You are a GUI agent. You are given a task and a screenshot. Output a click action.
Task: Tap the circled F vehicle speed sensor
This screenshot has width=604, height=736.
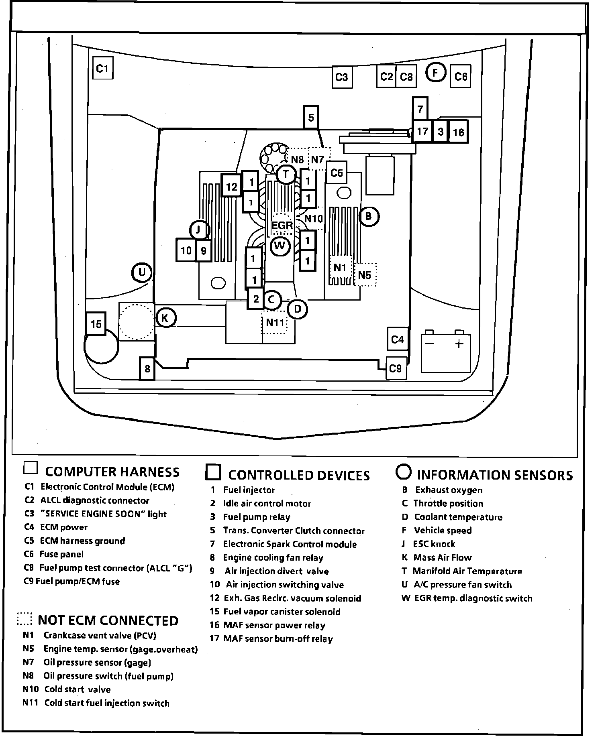point(435,73)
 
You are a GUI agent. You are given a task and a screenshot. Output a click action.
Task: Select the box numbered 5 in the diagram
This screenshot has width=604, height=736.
point(311,117)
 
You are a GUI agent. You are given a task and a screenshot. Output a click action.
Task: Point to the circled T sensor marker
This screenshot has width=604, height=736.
point(286,174)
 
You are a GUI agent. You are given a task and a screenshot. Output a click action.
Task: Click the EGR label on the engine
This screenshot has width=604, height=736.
point(282,225)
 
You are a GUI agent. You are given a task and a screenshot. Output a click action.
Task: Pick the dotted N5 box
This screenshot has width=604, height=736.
point(365,275)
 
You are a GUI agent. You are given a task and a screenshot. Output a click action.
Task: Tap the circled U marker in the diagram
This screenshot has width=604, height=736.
point(142,273)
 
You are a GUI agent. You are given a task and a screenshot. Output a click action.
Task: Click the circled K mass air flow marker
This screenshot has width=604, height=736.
point(165,318)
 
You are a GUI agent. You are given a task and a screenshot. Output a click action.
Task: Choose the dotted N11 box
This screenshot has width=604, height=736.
point(275,323)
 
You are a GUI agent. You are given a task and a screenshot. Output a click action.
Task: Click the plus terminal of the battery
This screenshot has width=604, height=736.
point(459,344)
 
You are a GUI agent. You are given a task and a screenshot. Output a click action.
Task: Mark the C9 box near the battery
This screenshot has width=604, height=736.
point(396,368)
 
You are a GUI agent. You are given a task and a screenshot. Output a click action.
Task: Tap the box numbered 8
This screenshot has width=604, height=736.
point(147,368)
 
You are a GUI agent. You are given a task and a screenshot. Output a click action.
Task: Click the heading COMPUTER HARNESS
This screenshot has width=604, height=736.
point(112,472)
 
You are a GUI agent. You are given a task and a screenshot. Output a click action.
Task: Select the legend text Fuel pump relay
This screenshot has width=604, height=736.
point(256,517)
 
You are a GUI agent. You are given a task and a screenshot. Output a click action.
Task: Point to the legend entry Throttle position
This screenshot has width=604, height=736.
point(448,503)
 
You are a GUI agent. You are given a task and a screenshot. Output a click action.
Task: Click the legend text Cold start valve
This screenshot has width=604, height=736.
point(77,689)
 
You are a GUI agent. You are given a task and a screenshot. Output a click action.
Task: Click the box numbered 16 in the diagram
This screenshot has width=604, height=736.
point(458,132)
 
